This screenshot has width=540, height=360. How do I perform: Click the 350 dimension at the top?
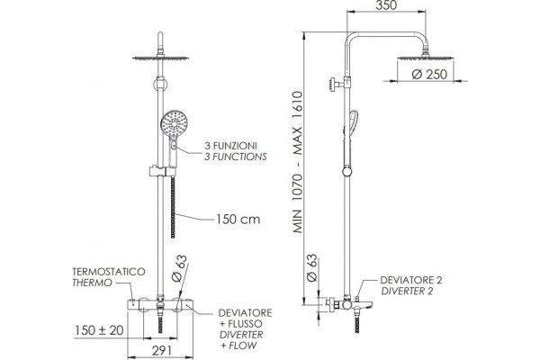pos(386,5)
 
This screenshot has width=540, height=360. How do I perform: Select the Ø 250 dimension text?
pos(429,75)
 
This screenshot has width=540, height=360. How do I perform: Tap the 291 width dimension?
pos(162,351)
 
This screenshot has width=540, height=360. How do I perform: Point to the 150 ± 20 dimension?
pos(99,330)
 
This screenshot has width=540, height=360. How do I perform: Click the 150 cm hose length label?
pos(238,219)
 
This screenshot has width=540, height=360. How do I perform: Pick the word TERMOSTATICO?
pos(109,272)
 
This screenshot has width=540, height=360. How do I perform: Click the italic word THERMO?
pos(92,283)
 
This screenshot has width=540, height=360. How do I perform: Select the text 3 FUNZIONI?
pos(230,146)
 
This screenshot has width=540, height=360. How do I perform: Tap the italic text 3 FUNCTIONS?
pos(236,157)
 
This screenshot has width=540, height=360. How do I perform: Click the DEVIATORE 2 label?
pos(411,280)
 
